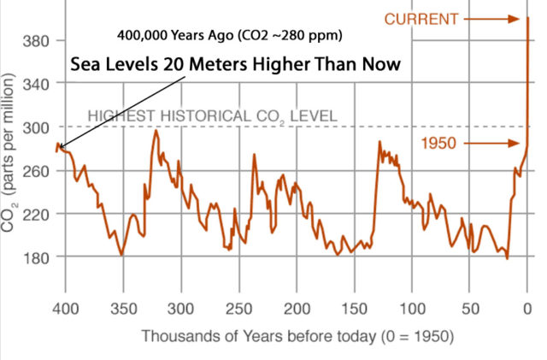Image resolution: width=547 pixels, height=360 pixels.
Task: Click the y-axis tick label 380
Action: (x=33, y=40)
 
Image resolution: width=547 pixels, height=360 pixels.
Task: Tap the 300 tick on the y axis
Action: (x=33, y=127)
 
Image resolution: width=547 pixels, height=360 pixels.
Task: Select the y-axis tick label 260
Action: (x=33, y=170)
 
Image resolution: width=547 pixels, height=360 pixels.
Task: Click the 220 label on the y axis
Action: (x=33, y=213)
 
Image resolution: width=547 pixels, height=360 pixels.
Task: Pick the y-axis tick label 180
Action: (x=33, y=257)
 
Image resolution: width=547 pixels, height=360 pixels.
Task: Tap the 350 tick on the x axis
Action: (x=122, y=306)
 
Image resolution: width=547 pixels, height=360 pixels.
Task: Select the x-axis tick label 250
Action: (x=238, y=306)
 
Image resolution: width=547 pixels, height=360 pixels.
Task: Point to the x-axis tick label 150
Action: (x=355, y=306)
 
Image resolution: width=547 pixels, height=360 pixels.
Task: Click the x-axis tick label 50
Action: (x=471, y=306)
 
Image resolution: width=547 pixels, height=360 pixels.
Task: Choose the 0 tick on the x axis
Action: (x=528, y=306)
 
